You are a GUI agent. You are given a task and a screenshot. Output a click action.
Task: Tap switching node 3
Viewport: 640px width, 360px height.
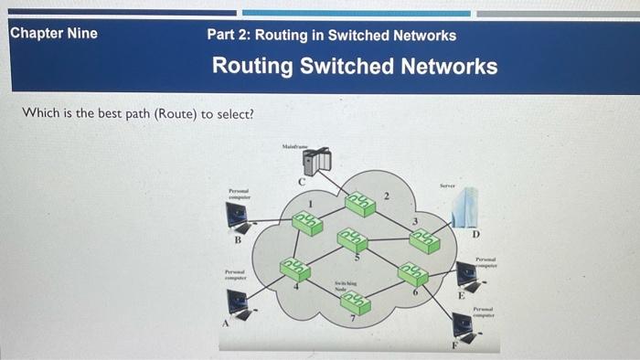click(x=423, y=238)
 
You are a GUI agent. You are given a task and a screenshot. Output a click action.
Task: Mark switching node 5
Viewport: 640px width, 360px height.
click(x=351, y=239)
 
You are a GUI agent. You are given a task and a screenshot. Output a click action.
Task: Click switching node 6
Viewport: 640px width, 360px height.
click(x=412, y=273)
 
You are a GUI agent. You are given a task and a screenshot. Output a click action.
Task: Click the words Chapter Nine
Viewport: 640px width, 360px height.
click(x=53, y=34)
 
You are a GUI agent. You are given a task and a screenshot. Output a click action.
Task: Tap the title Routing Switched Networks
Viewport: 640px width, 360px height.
click(x=355, y=67)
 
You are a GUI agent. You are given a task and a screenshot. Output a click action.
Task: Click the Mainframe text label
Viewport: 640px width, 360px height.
click(x=294, y=146)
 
